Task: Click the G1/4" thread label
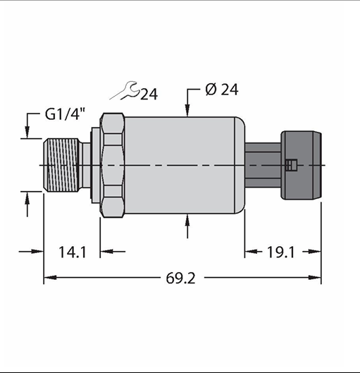click(x=65, y=114)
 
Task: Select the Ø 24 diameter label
click(x=221, y=90)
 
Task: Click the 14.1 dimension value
click(x=73, y=252)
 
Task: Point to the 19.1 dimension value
click(x=280, y=252)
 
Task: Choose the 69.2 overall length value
click(x=180, y=278)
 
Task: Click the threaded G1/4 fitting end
click(x=61, y=165)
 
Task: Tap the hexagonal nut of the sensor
click(x=113, y=165)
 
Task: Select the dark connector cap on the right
click(x=301, y=165)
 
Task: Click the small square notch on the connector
click(x=291, y=165)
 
